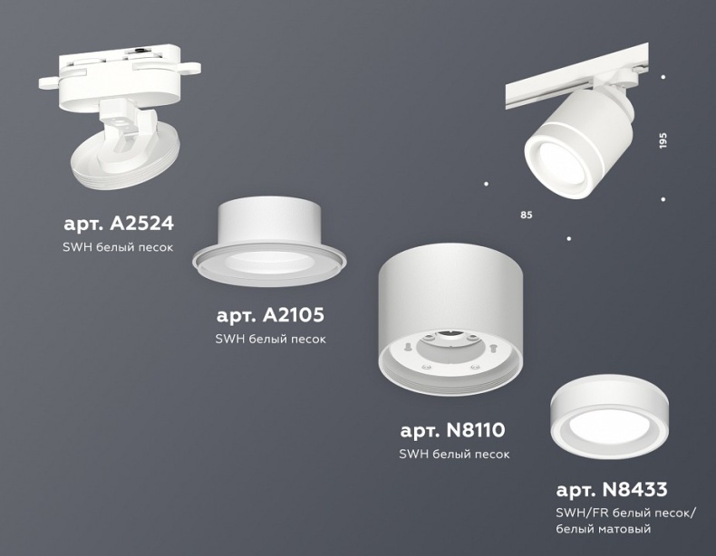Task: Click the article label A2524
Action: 118,223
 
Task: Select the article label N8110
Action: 452,429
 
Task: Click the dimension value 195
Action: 663,141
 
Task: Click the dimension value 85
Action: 526,216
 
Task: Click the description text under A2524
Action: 118,246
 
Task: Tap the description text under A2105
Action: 270,340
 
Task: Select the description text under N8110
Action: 453,454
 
